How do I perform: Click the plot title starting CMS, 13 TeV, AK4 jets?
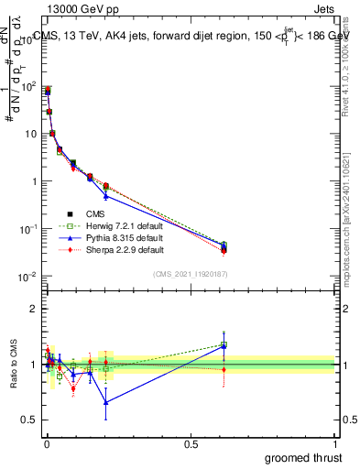(183, 36)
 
